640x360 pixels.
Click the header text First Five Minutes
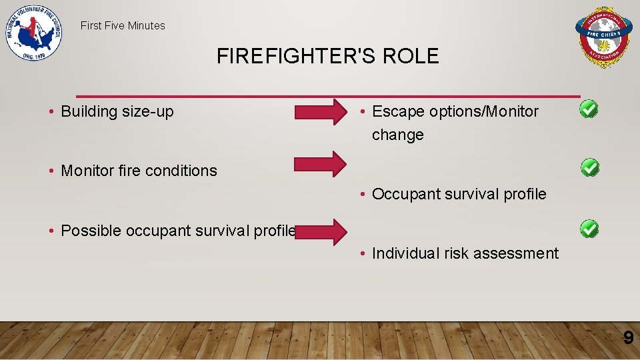pyautogui.click(x=123, y=26)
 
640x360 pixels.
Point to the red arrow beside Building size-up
pyautogui.click(x=321, y=111)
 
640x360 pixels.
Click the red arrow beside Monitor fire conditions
pyautogui.click(x=321, y=163)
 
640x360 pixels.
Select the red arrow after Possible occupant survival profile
pyautogui.click(x=321, y=231)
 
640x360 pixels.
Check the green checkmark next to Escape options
pyautogui.click(x=589, y=109)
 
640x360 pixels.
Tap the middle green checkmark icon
pyautogui.click(x=589, y=167)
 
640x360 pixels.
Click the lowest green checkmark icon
pyautogui.click(x=589, y=229)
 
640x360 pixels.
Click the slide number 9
pyautogui.click(x=628, y=339)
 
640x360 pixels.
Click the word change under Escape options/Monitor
pyautogui.click(x=397, y=135)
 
